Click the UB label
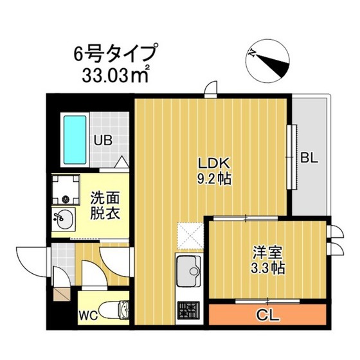pos(104,139)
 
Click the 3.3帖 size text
pos(266,265)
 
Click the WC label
pos(89,315)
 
